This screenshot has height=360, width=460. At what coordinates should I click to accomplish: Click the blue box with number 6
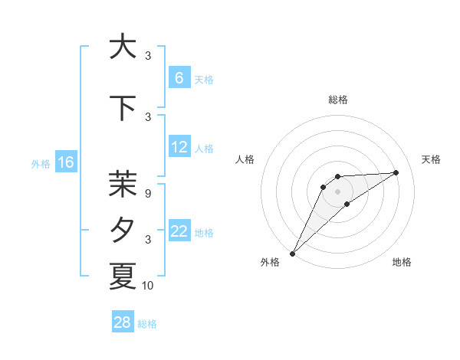point(179,78)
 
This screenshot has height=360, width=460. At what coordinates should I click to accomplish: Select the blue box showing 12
point(179,147)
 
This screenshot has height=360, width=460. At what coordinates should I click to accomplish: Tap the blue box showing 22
point(179,231)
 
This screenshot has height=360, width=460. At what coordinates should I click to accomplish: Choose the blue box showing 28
point(123,322)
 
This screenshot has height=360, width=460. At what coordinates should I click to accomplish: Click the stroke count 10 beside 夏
point(149,286)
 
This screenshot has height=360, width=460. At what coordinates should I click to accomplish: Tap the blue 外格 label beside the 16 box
point(41,163)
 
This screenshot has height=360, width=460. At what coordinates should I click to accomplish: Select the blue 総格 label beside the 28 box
point(148,323)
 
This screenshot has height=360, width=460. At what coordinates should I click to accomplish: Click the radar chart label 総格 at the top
point(338,100)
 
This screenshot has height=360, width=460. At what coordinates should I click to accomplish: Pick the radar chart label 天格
point(432,159)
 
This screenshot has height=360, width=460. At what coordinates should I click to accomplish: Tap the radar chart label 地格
point(402,262)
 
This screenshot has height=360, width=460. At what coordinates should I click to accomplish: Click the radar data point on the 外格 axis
point(292,254)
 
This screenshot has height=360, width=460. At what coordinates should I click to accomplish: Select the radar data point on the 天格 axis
point(396,172)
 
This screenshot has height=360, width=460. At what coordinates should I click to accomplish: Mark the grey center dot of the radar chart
point(338,191)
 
